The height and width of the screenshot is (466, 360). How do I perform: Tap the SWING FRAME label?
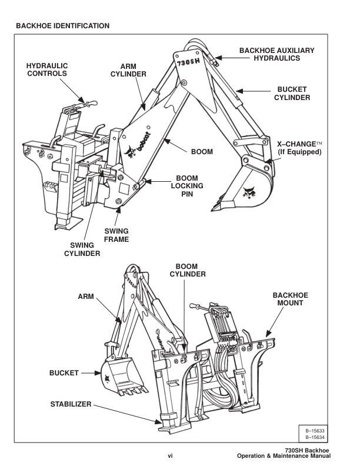tap(126, 232)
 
